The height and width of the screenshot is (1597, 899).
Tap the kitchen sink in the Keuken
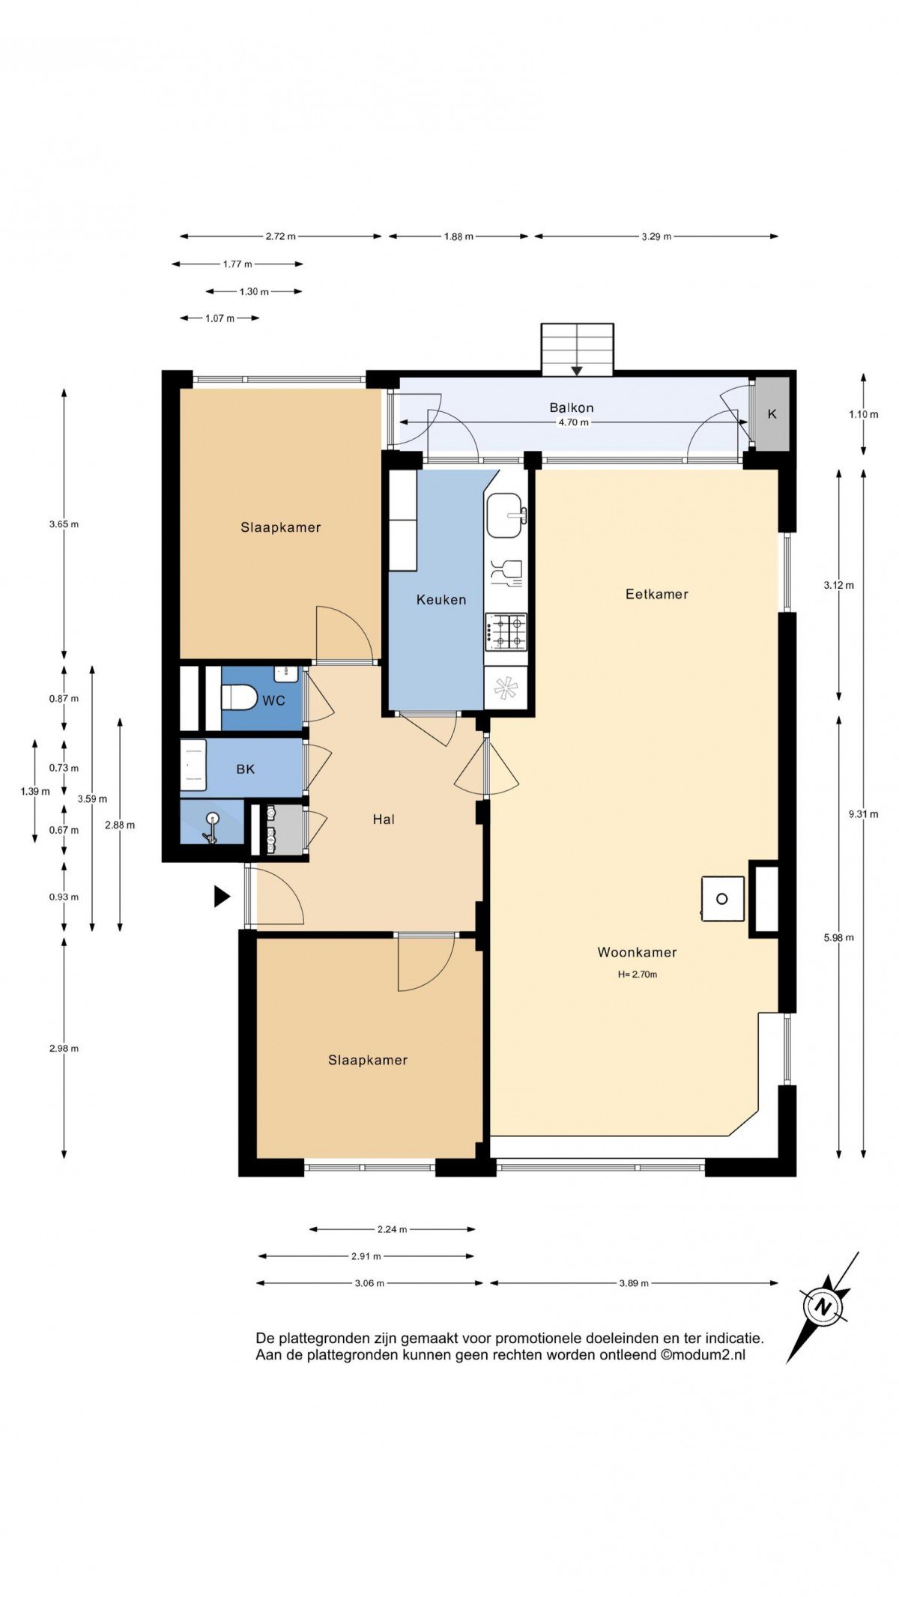(x=506, y=515)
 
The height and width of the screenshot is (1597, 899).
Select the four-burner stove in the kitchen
(x=506, y=631)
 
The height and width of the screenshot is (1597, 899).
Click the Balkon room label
(x=572, y=407)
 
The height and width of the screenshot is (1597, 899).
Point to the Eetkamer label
(x=657, y=594)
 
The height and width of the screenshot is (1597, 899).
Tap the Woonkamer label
(x=638, y=952)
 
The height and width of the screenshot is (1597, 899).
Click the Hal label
(x=384, y=819)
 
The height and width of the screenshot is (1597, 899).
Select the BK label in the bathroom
(x=246, y=769)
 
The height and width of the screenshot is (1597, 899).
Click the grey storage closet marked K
(x=772, y=414)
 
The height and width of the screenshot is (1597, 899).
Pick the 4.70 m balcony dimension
(x=574, y=422)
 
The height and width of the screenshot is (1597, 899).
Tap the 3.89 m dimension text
(x=634, y=1282)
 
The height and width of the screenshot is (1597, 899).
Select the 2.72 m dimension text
(x=281, y=236)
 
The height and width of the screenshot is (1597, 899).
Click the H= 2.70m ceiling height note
(x=638, y=975)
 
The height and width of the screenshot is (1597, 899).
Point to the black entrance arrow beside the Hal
(x=222, y=896)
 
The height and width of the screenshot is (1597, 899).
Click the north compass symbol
(x=824, y=1307)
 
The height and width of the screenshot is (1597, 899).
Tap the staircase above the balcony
(x=578, y=349)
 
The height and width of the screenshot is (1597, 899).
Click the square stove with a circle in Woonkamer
(x=723, y=899)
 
